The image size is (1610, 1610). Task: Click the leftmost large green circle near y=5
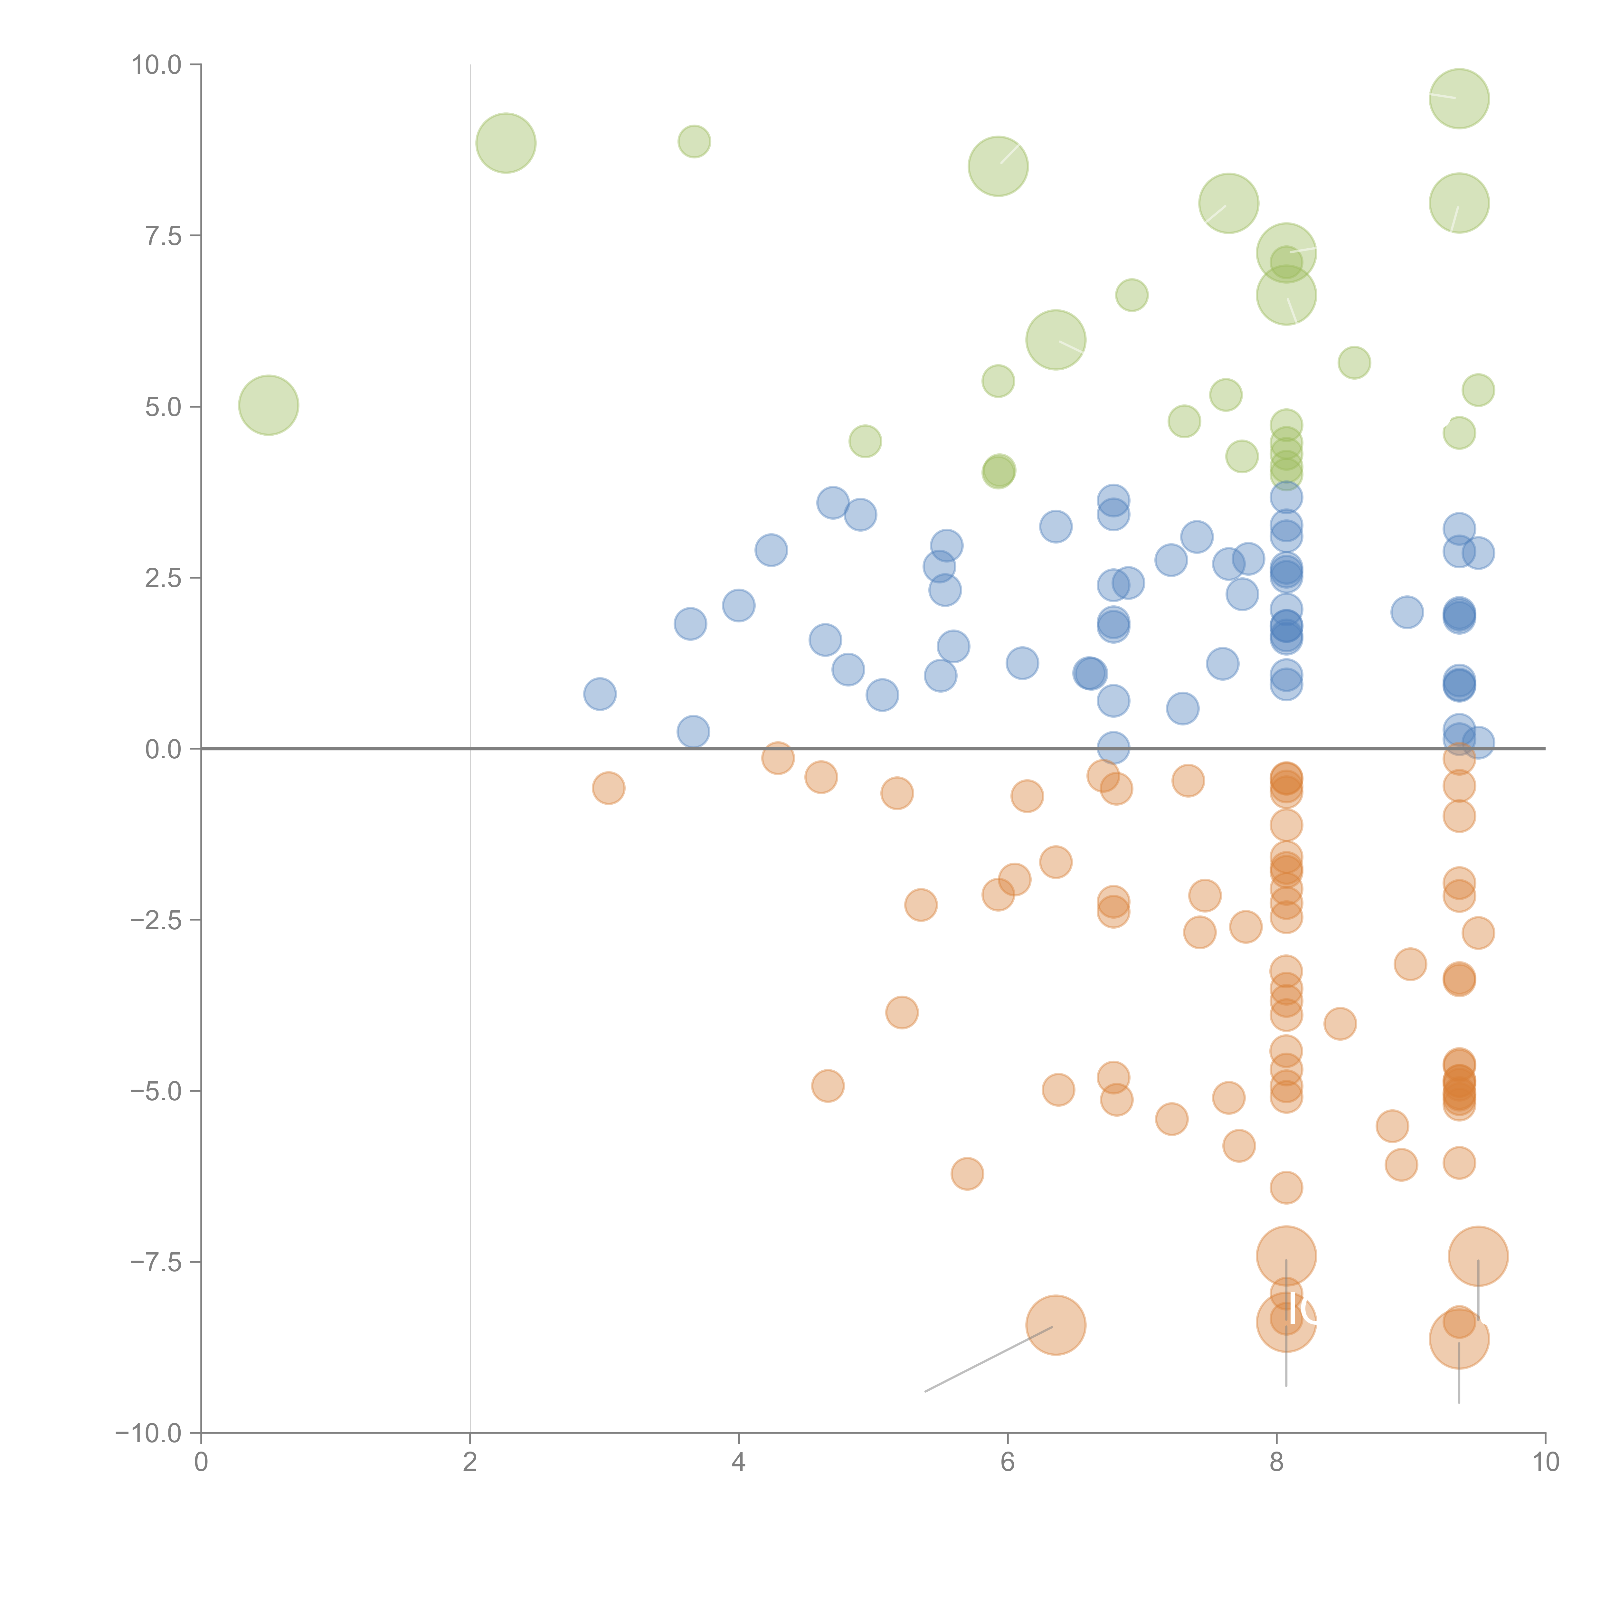coord(268,405)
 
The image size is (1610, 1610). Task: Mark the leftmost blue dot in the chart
coord(599,693)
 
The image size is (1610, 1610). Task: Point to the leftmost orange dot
coord(608,788)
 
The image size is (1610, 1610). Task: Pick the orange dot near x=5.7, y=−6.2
coord(967,1173)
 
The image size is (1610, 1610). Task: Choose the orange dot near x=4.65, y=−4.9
coord(828,1086)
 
